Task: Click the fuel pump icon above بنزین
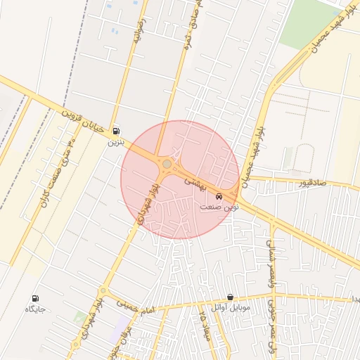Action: (115, 131)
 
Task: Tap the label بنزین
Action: (115, 141)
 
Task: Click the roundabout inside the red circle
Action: (167, 165)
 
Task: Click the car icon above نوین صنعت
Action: (219, 196)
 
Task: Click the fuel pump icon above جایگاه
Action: (36, 299)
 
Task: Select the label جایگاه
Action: (36, 309)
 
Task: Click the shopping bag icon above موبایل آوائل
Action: (231, 297)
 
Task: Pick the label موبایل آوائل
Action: (231, 308)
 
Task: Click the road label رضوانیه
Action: (139, 32)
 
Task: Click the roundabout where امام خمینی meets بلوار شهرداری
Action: (103, 290)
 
